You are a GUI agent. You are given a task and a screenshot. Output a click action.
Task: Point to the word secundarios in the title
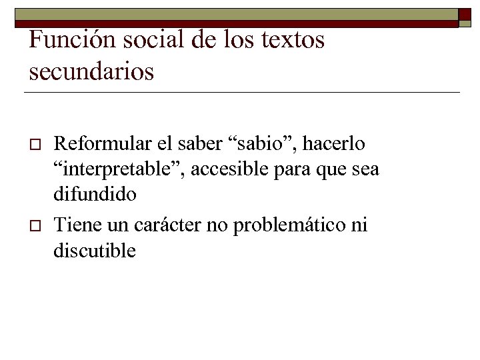pos(91,70)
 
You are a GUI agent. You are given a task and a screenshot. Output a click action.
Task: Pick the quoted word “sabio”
pos(254,143)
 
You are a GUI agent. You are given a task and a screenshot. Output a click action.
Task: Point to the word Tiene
pos(73,225)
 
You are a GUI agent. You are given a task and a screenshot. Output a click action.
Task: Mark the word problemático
pos(289,225)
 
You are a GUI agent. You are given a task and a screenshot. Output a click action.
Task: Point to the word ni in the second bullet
pos(358,225)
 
